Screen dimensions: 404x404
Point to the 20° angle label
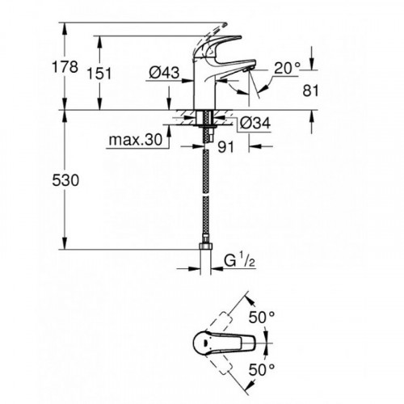coord(286,69)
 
